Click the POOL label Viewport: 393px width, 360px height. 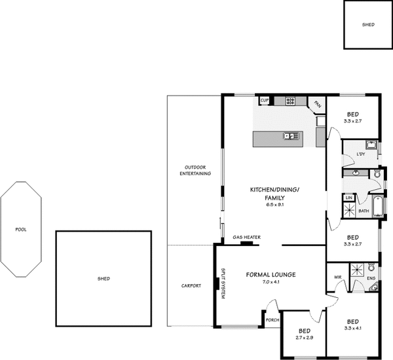[x=22, y=230]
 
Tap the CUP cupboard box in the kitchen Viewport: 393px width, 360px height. [x=265, y=101]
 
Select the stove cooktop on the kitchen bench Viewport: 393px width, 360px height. [x=290, y=101]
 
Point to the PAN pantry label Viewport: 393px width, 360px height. [x=318, y=104]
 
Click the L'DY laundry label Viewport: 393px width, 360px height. [x=360, y=154]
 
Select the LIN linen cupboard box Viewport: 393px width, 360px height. [x=349, y=197]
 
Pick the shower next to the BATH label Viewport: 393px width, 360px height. [x=350, y=209]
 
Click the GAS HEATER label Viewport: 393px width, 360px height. [x=247, y=237]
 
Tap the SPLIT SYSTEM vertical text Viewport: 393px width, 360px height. [x=223, y=285]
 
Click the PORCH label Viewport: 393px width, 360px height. [x=272, y=320]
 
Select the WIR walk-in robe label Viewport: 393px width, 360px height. [x=338, y=277]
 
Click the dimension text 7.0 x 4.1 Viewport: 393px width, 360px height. [x=271, y=281]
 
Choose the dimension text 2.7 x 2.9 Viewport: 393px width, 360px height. [x=304, y=337]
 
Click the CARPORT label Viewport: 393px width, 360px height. [x=191, y=286]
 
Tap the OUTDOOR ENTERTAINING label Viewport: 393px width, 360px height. [x=195, y=170]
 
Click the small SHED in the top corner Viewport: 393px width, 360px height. [x=369, y=24]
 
